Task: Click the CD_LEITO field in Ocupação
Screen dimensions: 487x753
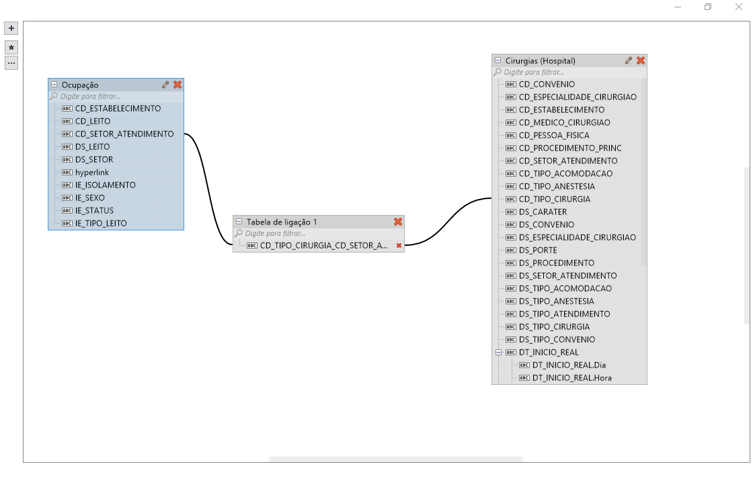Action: pos(93,122)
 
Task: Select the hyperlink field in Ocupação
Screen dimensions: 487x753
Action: pos(91,173)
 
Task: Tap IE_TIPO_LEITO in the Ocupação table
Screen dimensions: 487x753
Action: pos(100,224)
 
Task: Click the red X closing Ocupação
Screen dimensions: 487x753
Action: pos(177,85)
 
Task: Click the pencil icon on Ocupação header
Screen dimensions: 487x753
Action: pos(165,85)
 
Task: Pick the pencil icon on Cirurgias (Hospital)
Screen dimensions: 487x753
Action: pos(629,60)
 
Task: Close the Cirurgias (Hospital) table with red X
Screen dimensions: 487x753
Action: pos(641,60)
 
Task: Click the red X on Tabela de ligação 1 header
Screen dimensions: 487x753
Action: pos(398,222)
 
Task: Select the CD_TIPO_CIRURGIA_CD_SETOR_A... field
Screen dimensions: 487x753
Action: pos(323,246)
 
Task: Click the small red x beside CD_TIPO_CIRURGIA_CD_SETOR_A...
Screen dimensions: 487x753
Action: pos(399,246)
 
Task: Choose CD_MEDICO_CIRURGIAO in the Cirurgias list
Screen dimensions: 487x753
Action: pos(564,123)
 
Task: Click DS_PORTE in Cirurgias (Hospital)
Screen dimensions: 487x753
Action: pos(538,251)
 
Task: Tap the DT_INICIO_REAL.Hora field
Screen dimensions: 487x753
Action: pos(571,378)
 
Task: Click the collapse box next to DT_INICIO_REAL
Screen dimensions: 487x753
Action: pos(498,352)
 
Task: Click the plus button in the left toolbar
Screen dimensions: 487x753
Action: pos(11,28)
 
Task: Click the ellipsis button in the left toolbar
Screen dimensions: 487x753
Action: pos(11,63)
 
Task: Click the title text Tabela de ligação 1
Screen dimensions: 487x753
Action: pos(282,222)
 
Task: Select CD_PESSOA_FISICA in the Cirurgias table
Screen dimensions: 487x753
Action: pos(554,136)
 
